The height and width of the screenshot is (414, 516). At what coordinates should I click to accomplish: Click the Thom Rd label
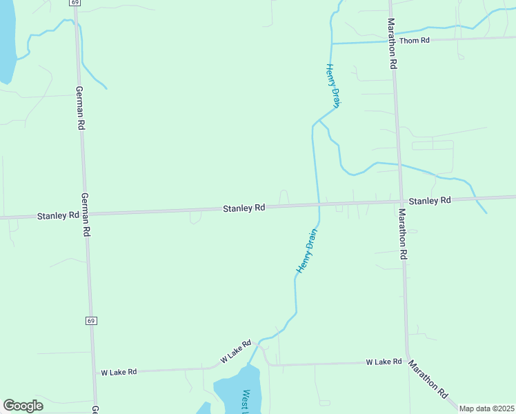(415, 41)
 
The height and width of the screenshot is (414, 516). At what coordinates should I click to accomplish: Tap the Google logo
(23, 406)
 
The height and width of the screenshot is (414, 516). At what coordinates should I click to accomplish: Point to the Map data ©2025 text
(486, 408)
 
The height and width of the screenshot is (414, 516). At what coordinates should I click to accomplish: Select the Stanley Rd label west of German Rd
(58, 215)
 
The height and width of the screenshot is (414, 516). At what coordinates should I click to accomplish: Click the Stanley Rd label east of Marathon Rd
(429, 201)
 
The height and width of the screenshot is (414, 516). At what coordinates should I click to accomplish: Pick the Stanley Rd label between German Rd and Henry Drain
(244, 208)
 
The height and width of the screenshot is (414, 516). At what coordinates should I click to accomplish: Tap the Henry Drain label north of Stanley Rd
(333, 85)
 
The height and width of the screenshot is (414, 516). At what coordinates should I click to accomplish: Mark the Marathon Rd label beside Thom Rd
(392, 44)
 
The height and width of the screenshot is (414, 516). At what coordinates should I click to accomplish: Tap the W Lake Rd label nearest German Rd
(119, 372)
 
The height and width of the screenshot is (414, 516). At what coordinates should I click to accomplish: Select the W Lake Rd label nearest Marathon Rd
(384, 362)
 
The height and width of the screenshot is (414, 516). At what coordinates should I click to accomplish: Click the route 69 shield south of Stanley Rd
(91, 321)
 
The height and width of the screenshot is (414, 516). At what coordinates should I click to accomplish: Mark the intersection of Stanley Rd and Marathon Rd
(400, 201)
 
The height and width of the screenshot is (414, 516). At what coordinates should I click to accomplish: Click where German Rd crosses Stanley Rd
(85, 214)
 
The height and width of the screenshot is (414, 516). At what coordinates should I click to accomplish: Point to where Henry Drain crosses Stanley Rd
(318, 204)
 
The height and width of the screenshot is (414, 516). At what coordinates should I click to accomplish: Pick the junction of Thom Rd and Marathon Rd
(393, 41)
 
